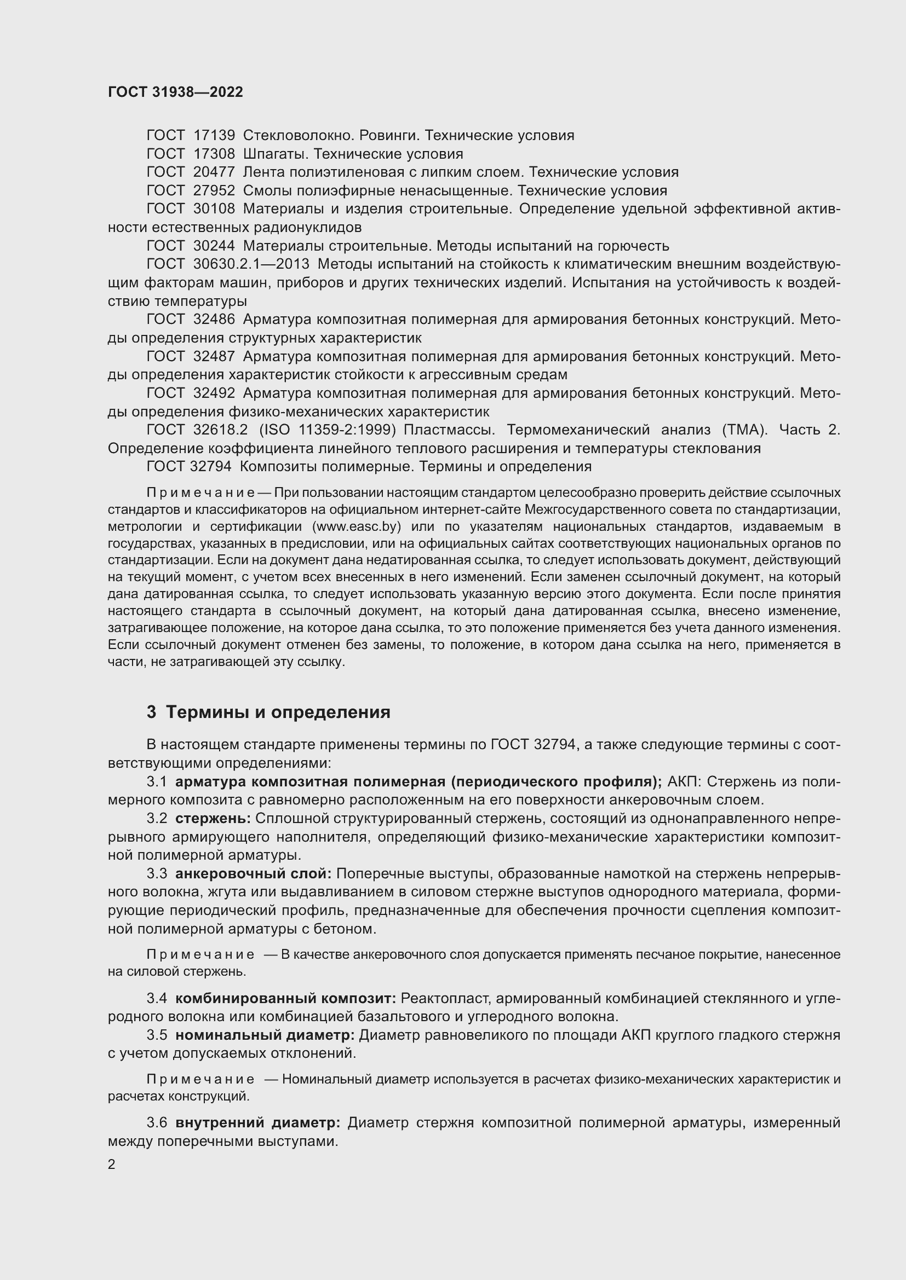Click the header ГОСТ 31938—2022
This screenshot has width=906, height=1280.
(175, 92)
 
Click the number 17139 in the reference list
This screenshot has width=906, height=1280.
(214, 136)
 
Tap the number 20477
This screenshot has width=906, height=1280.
(214, 172)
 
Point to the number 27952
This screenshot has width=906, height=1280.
(214, 190)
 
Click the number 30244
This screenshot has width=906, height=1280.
(214, 246)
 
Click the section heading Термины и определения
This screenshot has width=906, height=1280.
(278, 713)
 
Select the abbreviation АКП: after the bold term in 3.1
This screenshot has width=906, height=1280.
(684, 782)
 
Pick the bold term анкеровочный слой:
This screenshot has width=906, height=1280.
(253, 874)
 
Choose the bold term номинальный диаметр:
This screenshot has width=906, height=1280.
(265, 1035)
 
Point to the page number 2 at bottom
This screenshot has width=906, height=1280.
(112, 1165)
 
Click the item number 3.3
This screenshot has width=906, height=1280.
(157, 874)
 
